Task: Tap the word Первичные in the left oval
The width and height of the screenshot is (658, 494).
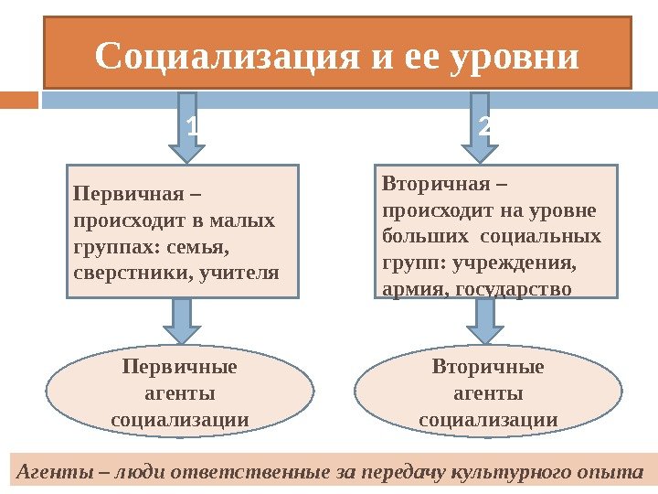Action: click(x=179, y=368)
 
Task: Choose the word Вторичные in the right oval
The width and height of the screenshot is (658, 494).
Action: click(x=488, y=368)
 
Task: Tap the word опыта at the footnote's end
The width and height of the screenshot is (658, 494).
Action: click(x=618, y=473)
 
